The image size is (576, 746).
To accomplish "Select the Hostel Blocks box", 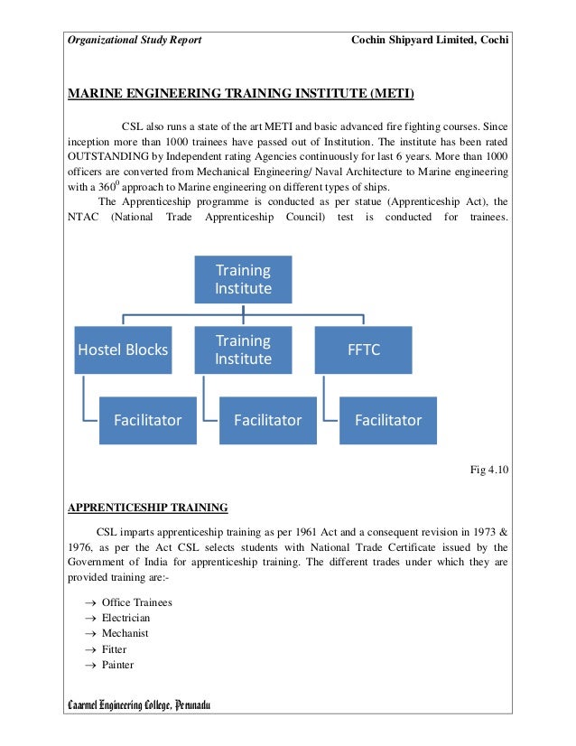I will [122, 350].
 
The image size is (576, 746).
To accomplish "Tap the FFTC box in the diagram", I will [364, 350].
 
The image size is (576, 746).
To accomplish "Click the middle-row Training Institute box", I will [244, 350].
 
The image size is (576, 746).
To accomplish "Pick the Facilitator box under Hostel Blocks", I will [147, 420].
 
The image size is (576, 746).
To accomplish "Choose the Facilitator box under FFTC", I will [388, 420].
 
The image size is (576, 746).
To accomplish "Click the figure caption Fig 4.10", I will [490, 469].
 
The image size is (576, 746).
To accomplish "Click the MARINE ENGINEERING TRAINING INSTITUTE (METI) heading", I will [241, 92].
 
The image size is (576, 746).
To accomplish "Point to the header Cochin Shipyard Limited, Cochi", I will [429, 41].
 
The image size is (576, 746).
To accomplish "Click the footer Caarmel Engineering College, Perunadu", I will [139, 704].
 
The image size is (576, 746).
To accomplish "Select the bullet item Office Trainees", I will [136, 602].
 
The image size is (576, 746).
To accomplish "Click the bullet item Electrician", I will [125, 618].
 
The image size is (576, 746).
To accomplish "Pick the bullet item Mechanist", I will [125, 633].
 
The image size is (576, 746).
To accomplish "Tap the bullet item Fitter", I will [114, 648].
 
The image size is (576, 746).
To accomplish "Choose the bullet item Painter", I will [117, 665].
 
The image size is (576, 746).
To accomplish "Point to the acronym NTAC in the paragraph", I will [83, 218].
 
